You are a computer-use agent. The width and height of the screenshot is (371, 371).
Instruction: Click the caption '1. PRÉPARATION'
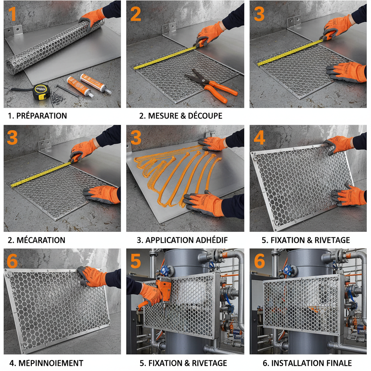pyautogui.click(x=37, y=116)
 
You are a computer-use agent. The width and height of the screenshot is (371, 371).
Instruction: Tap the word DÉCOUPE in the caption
pyautogui.click(x=205, y=116)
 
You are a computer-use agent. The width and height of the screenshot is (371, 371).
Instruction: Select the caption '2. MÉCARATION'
pyautogui.click(x=37, y=240)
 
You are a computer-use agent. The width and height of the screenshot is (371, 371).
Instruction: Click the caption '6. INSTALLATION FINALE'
pyautogui.click(x=307, y=363)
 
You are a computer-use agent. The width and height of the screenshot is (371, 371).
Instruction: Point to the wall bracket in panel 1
pyautogui.click(x=13, y=31)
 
